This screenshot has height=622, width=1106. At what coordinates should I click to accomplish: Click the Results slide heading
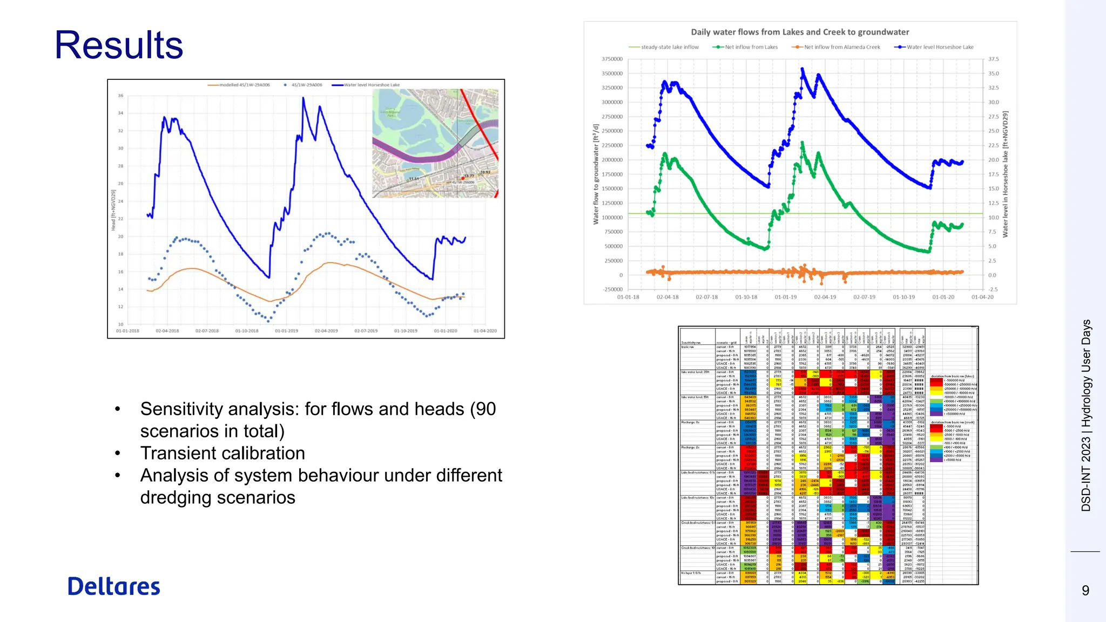119,45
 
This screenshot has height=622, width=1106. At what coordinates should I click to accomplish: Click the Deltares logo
114,587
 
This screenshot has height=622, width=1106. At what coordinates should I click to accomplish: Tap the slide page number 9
1085,591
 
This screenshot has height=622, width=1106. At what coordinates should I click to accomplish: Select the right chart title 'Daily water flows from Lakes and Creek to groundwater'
800,32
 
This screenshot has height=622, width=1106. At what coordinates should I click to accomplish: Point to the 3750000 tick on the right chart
612,59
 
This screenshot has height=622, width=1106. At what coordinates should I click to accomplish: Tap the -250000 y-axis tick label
612,289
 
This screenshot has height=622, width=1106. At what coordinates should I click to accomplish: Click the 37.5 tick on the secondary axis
994,59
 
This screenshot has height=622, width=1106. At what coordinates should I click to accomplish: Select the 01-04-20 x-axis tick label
982,297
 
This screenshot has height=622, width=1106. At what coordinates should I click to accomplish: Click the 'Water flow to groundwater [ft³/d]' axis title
596,174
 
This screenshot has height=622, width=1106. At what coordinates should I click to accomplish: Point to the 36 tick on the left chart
121,96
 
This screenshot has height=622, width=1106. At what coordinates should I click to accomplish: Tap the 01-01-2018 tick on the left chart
127,331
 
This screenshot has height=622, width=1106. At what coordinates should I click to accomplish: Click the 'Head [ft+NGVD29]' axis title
113,210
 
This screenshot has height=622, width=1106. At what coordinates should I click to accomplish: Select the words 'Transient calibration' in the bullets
222,453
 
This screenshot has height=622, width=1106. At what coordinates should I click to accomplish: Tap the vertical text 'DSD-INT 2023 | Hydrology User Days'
1086,415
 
